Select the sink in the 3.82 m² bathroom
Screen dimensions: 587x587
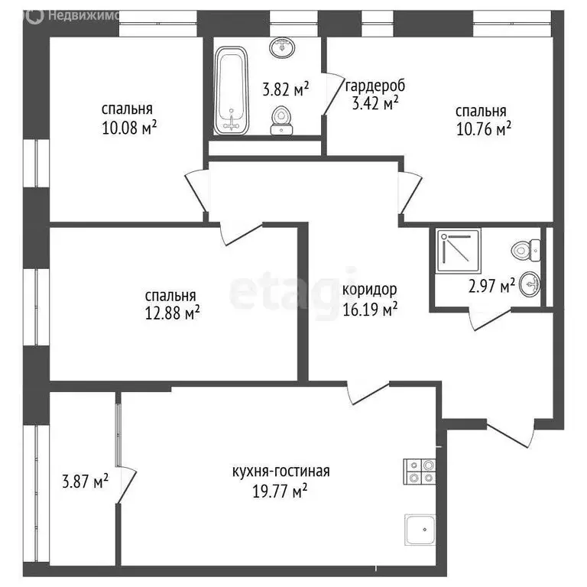284,47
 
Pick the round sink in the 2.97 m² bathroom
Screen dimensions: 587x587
528,286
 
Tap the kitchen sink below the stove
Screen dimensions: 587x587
420,529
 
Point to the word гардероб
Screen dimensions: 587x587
375,86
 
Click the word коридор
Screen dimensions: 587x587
369,290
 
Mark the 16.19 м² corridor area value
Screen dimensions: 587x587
369,310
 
